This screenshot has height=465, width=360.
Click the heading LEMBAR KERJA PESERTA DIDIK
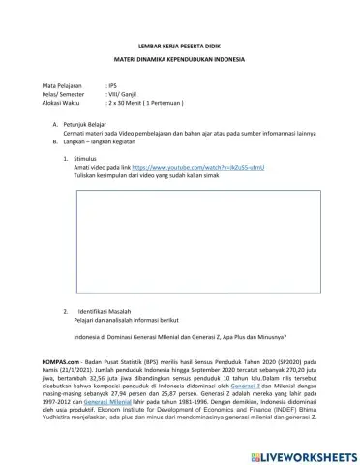click(x=180, y=46)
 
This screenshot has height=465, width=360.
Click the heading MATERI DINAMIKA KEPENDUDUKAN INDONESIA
click(x=180, y=60)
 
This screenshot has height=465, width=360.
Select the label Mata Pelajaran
click(x=63, y=86)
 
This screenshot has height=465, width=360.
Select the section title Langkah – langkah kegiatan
click(x=103, y=141)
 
